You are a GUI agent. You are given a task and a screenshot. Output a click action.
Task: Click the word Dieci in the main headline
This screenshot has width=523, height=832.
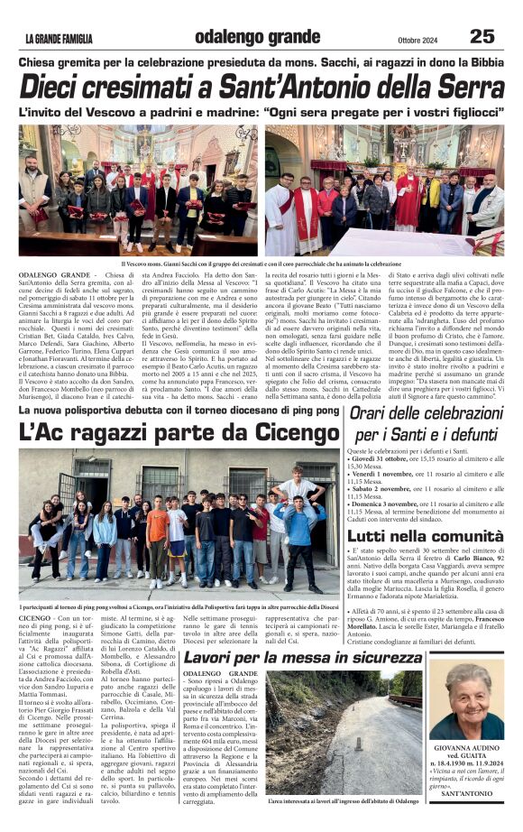coord(59,88)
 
